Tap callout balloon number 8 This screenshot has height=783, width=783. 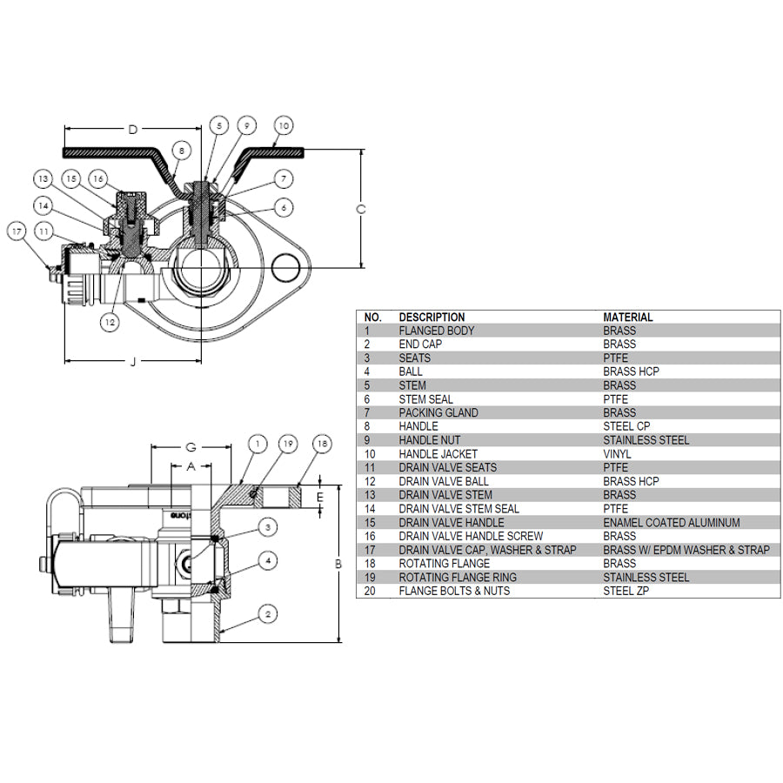181,150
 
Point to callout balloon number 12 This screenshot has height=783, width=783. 109,322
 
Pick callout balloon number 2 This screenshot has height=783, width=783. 269,614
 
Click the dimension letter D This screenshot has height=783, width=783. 132,130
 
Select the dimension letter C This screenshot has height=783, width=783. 361,209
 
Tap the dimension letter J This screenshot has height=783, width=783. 133,362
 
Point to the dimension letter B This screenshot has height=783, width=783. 338,565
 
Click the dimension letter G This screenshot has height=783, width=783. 191,447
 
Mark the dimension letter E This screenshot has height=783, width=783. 319,497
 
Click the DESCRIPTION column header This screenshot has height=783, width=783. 432,318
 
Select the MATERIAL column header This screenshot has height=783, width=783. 628,318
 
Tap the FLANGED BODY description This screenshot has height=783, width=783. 437,331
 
